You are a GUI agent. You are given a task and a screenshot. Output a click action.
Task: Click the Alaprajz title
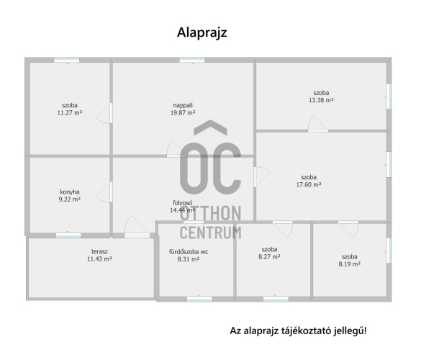click(x=202, y=33)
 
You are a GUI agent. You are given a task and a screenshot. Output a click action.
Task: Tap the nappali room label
click(x=183, y=105)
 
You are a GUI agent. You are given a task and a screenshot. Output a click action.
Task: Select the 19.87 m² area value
click(x=183, y=113)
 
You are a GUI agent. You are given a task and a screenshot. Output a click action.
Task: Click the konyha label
click(x=70, y=192)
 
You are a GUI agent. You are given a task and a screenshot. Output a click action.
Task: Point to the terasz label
click(x=99, y=251)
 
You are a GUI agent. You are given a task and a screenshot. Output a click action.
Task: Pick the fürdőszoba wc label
click(x=189, y=252)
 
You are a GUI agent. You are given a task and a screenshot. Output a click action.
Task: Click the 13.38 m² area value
click(x=321, y=100)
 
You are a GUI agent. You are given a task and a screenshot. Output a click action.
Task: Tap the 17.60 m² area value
click(x=309, y=184)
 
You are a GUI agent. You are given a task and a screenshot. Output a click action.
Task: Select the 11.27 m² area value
click(x=70, y=113)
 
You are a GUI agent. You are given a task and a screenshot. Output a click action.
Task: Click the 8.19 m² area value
click(x=349, y=264)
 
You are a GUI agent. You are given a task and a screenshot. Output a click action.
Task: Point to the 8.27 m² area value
click(x=269, y=257)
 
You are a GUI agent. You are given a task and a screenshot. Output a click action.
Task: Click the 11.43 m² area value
click(x=99, y=259)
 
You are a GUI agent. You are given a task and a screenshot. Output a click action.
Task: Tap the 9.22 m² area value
click(x=70, y=199)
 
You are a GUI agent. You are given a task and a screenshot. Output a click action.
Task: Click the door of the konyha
click(x=104, y=192)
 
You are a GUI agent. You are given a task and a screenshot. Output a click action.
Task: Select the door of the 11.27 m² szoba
click(x=104, y=113)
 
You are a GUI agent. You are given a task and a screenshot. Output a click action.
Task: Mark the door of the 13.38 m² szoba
click(x=317, y=124)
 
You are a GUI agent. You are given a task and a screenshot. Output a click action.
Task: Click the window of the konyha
click(x=68, y=235)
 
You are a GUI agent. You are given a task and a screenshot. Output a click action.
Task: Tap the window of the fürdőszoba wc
click(x=199, y=299)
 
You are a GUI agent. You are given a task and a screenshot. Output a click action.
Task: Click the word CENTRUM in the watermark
click(x=210, y=233)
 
